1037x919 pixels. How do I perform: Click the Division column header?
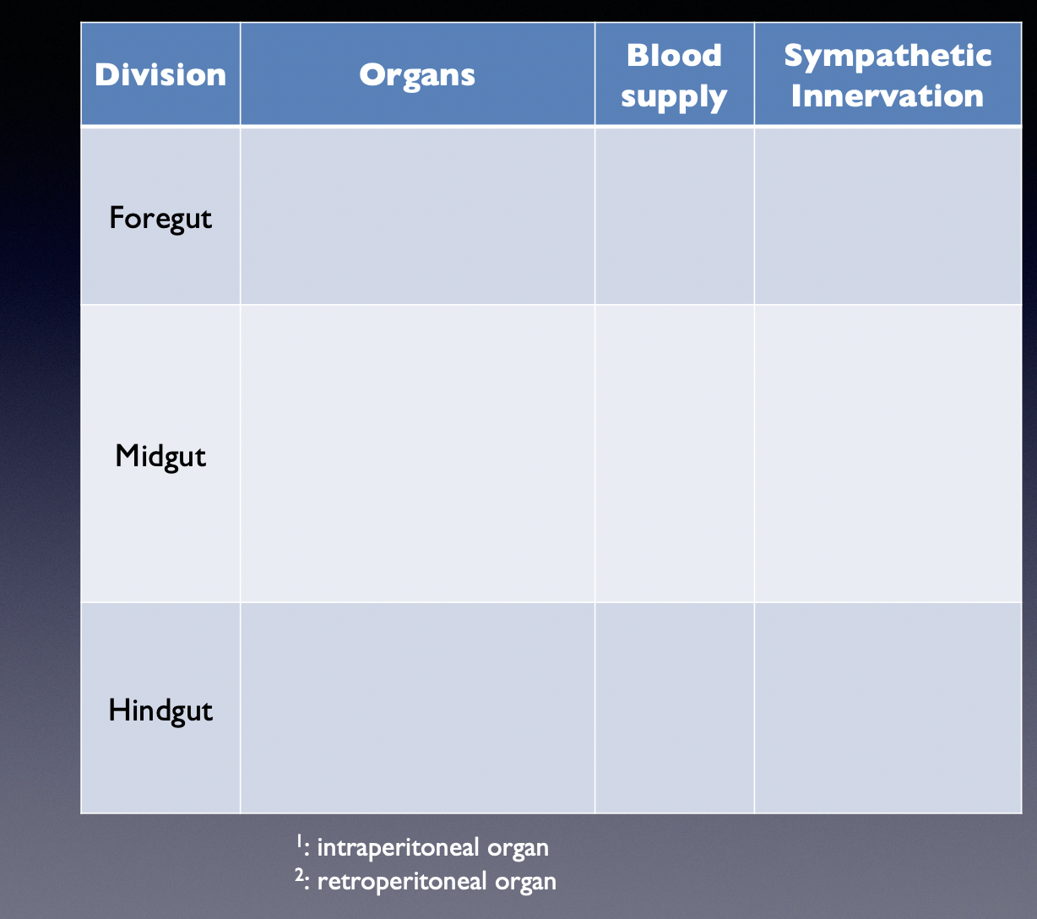160,75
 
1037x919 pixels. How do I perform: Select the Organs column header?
417,75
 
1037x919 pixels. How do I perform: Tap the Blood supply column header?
674,75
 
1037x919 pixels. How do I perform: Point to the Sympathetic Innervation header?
887,75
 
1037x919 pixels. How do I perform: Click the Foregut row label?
160,218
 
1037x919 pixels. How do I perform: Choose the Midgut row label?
160,456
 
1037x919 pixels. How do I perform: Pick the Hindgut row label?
160,710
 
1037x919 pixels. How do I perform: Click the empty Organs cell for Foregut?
417,216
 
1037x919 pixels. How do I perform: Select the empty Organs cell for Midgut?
417,454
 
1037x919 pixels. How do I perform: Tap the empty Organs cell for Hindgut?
417,708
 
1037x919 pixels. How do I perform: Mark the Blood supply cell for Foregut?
674,216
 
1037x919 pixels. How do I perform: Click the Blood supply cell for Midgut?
674,454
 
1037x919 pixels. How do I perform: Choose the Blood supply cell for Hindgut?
674,708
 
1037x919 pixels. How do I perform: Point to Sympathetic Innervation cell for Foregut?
887,216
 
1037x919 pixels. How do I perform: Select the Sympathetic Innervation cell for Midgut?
887,454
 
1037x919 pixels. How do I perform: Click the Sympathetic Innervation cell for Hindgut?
887,708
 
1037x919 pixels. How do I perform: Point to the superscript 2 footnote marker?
299,877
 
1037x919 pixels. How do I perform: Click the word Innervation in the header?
887,95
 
